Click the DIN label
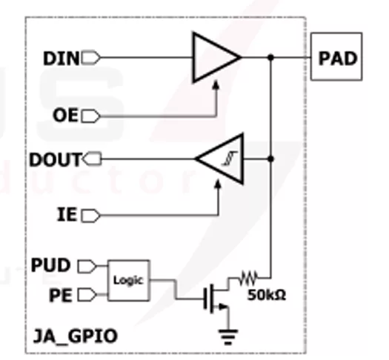pyautogui.click(x=61, y=59)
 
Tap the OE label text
pyautogui.click(x=65, y=116)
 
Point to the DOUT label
pyautogui.click(x=56, y=159)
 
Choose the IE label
pyautogui.click(x=67, y=215)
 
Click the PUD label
pyautogui.click(x=51, y=265)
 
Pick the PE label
pyautogui.click(x=61, y=296)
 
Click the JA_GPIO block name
pyautogui.click(x=75, y=336)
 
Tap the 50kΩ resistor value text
pyautogui.click(x=267, y=295)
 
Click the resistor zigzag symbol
pyautogui.click(x=248, y=278)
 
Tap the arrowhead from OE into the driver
pyautogui.click(x=216, y=84)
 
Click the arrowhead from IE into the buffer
pyautogui.click(x=218, y=185)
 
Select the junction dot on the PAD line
pyautogui.click(x=271, y=57)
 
